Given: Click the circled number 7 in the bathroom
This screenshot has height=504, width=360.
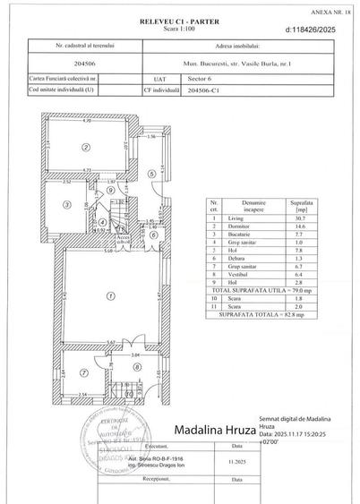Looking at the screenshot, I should tap(80, 373).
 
